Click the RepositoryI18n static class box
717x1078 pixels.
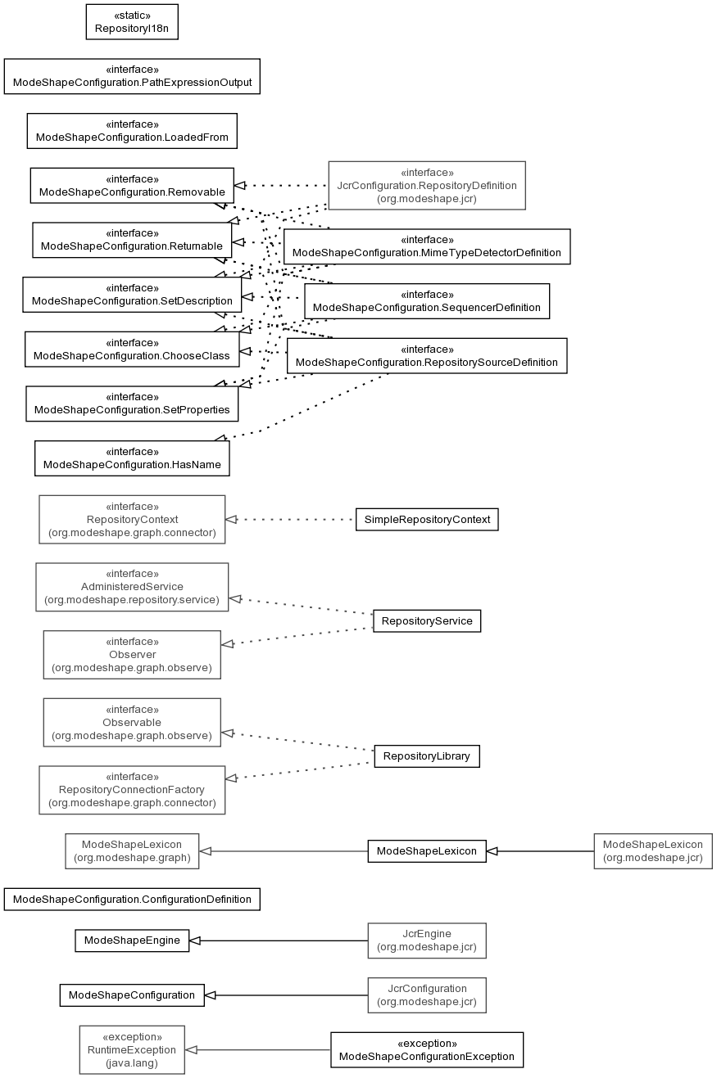pyautogui.click(x=132, y=22)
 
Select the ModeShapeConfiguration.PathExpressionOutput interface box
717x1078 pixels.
pyautogui.click(x=132, y=76)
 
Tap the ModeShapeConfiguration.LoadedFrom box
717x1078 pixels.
pyautogui.click(x=132, y=131)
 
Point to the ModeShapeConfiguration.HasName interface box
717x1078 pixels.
pyautogui.click(x=132, y=458)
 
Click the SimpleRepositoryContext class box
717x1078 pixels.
pyautogui.click(x=427, y=519)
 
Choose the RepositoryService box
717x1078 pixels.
pyautogui.click(x=427, y=620)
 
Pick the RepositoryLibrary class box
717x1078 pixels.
pyautogui.click(x=427, y=756)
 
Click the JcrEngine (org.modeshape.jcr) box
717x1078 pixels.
pyautogui.click(x=427, y=940)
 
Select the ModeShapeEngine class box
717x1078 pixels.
pyautogui.click(x=132, y=940)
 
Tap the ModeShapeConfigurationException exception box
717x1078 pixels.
pyautogui.click(x=427, y=1049)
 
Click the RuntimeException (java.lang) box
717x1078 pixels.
pyautogui.click(x=132, y=1049)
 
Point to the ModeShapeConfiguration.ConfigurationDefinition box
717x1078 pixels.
pyautogui.click(x=132, y=899)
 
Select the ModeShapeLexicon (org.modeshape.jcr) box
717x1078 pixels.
pyautogui.click(x=653, y=850)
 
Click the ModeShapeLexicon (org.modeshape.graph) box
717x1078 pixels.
pyautogui.click(x=132, y=850)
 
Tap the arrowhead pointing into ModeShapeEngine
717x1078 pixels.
pyautogui.click(x=195, y=940)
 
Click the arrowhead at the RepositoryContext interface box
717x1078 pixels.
pyautogui.click(x=231, y=519)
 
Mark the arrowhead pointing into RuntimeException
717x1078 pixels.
pyautogui.click(x=191, y=1049)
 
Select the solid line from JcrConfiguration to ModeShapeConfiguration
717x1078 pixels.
pyautogui.click(x=286, y=995)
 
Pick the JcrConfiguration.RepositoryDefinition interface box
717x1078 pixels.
pyautogui.click(x=427, y=185)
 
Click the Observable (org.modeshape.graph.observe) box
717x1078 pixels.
pyautogui.click(x=132, y=723)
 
